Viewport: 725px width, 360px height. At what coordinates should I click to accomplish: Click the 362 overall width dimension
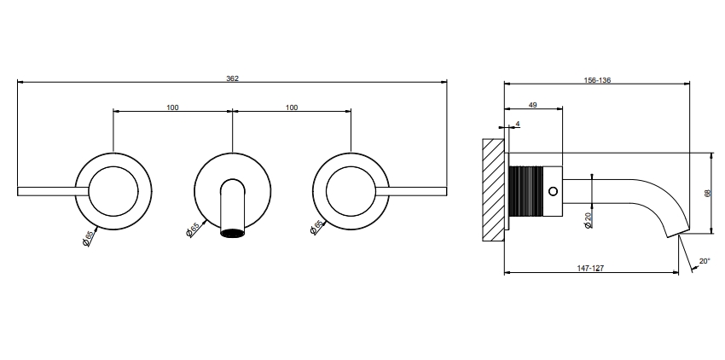(x=232, y=78)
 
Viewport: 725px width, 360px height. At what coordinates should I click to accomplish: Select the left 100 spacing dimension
(x=172, y=107)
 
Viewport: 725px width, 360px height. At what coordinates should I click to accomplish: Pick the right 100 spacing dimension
(x=292, y=107)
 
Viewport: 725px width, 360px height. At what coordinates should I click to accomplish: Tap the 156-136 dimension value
(x=597, y=80)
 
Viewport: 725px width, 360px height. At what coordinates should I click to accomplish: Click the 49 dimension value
(x=532, y=105)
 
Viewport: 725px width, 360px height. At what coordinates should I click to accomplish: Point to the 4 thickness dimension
(x=518, y=124)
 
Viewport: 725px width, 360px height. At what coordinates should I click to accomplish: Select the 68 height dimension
(x=707, y=194)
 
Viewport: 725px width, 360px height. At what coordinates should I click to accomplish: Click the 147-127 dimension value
(x=590, y=268)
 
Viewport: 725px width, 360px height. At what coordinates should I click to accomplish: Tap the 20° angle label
(x=705, y=261)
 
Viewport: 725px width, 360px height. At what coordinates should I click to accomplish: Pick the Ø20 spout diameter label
(x=588, y=220)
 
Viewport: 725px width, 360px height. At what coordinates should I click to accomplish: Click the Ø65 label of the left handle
(x=88, y=238)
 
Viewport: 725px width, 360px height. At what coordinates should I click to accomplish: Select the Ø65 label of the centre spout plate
(x=193, y=229)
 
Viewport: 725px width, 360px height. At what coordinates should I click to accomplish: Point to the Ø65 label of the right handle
(x=316, y=227)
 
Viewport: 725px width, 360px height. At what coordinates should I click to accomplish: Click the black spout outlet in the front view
(x=233, y=233)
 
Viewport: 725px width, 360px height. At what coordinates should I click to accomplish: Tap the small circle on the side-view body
(x=553, y=191)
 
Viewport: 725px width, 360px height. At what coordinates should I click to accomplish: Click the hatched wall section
(x=493, y=189)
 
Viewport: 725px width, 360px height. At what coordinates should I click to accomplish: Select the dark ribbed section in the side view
(x=527, y=191)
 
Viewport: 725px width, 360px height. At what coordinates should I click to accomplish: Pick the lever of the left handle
(x=53, y=191)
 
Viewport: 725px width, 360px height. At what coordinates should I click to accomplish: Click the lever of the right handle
(x=411, y=191)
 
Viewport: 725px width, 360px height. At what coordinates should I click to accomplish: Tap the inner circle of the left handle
(x=113, y=166)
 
